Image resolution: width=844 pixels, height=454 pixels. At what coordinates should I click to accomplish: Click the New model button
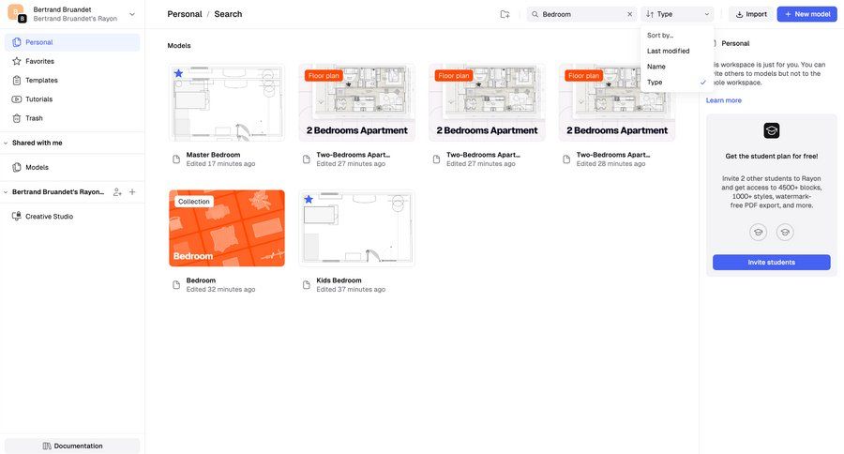coord(806,14)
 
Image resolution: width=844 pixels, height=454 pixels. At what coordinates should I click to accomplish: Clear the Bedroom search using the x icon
coord(629,14)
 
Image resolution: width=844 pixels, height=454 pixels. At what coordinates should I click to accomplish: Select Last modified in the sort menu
coord(668,51)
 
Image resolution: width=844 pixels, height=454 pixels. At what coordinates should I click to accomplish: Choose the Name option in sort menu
coord(656,67)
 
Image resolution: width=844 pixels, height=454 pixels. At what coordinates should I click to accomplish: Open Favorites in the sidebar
coord(39,61)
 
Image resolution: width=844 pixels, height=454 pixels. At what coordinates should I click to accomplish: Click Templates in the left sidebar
coord(41,81)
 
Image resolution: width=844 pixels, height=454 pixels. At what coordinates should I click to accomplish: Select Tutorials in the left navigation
coord(38,99)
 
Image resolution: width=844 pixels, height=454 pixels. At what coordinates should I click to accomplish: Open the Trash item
coord(34,118)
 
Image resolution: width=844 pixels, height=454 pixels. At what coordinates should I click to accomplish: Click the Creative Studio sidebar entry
coord(49,217)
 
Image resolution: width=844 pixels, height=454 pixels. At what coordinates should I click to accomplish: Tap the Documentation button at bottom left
coord(72,446)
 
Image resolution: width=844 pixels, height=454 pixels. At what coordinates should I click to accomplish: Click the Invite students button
coord(771,263)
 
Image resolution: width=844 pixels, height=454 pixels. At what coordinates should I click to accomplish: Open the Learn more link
coord(723,100)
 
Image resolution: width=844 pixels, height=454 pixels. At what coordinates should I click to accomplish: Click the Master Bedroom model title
coord(213,155)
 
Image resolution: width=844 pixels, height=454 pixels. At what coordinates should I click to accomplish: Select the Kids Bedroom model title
coord(339,280)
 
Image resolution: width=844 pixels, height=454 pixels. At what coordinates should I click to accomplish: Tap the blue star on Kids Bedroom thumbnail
coord(309,199)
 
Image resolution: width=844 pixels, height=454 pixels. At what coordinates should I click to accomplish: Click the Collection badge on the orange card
coord(194,202)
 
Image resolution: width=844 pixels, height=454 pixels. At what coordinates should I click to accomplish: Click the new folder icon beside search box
coord(505,14)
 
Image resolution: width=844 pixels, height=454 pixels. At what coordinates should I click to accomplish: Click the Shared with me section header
coord(38,143)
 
